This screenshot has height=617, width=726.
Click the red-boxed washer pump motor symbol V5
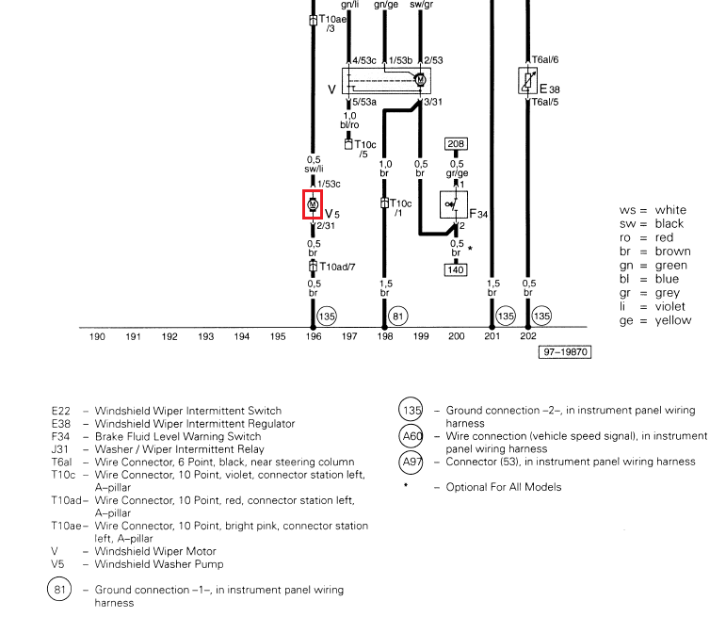pyautogui.click(x=313, y=204)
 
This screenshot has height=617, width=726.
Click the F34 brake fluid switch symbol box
pyautogui.click(x=454, y=204)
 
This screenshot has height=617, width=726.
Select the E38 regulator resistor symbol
pyautogui.click(x=528, y=81)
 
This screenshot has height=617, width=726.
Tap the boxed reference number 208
pyautogui.click(x=456, y=143)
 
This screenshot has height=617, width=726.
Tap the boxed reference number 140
pyautogui.click(x=456, y=269)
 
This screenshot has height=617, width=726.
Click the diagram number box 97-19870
pyautogui.click(x=565, y=352)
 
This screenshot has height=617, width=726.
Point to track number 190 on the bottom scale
pyautogui.click(x=97, y=336)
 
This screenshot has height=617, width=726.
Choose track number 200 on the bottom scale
pyautogui.click(x=456, y=336)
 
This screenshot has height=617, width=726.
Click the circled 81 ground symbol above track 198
pyautogui.click(x=397, y=317)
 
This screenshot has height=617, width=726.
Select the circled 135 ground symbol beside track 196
pyautogui.click(x=327, y=317)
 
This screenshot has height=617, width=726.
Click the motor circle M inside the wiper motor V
pyautogui.click(x=420, y=80)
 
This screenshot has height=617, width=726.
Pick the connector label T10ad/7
pyautogui.click(x=337, y=267)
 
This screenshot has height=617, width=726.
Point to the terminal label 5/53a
pyautogui.click(x=364, y=103)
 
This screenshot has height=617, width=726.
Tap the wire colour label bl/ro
pyautogui.click(x=349, y=124)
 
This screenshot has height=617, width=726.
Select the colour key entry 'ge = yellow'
pyautogui.click(x=655, y=320)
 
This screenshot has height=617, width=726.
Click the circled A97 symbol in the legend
pyautogui.click(x=411, y=462)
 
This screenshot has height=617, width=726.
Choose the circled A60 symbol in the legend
pyautogui.click(x=411, y=436)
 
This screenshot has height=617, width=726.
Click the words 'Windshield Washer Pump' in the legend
pyautogui.click(x=159, y=564)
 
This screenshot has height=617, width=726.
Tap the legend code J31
pyautogui.click(x=59, y=449)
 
